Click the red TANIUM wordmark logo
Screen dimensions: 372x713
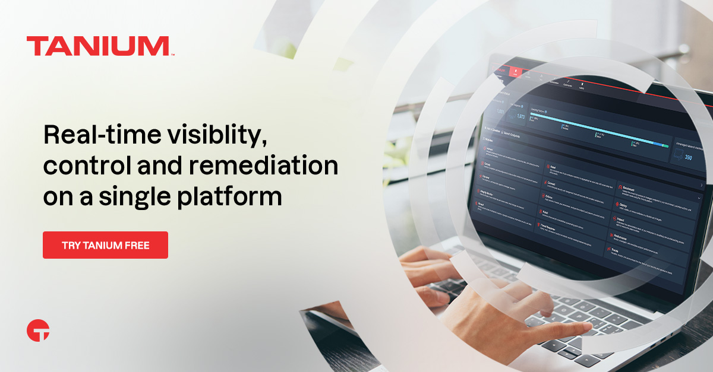coord(98,46)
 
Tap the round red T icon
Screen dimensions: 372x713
coord(38,331)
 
